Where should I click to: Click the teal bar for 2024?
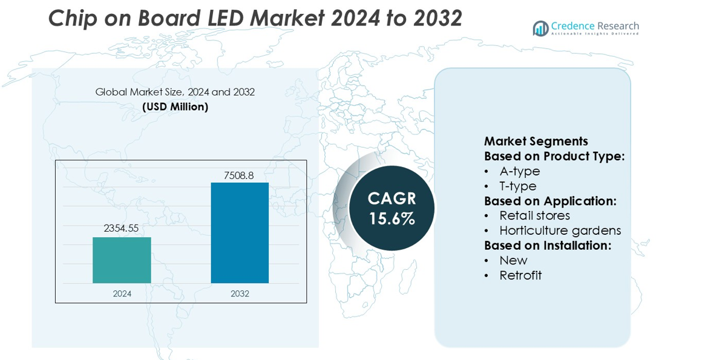coord(122,260)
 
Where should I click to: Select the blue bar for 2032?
coord(240,233)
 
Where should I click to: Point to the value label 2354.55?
coord(122,228)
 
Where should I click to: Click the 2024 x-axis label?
coord(122,293)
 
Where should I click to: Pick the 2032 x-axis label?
coord(240,293)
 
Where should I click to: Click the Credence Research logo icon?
coord(540,28)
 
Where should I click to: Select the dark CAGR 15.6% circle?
coord(392,208)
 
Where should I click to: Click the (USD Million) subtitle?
coord(175,107)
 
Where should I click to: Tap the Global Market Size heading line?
coord(175,92)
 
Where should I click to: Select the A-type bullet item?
coord(519,171)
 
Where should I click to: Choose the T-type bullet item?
coord(517,186)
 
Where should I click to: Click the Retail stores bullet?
coord(534,215)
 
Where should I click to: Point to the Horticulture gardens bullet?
coord(560,231)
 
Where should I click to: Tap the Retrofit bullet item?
coord(520,275)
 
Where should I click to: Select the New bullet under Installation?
coord(513,260)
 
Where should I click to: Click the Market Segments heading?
coord(536,142)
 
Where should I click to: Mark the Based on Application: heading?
coord(550,201)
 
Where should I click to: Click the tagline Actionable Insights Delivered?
coord(594,34)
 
